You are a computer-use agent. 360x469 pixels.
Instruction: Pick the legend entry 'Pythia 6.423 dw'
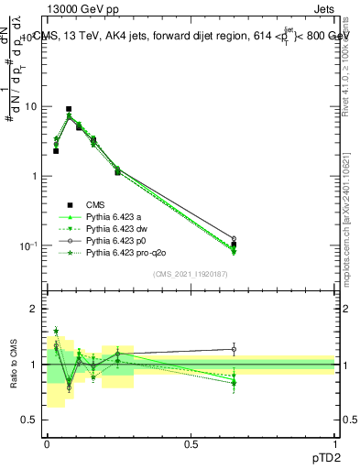tap(115, 228)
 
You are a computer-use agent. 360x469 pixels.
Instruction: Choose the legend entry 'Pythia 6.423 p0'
tap(115, 240)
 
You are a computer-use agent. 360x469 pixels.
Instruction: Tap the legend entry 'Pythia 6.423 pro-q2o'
tap(124, 252)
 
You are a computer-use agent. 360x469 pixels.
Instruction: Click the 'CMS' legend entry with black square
tap(96, 204)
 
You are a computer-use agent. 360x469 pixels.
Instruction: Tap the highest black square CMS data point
tap(69, 109)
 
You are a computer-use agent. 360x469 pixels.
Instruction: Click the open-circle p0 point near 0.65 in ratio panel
tap(234, 349)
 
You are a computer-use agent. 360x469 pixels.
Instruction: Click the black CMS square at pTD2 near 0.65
tap(234, 245)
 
